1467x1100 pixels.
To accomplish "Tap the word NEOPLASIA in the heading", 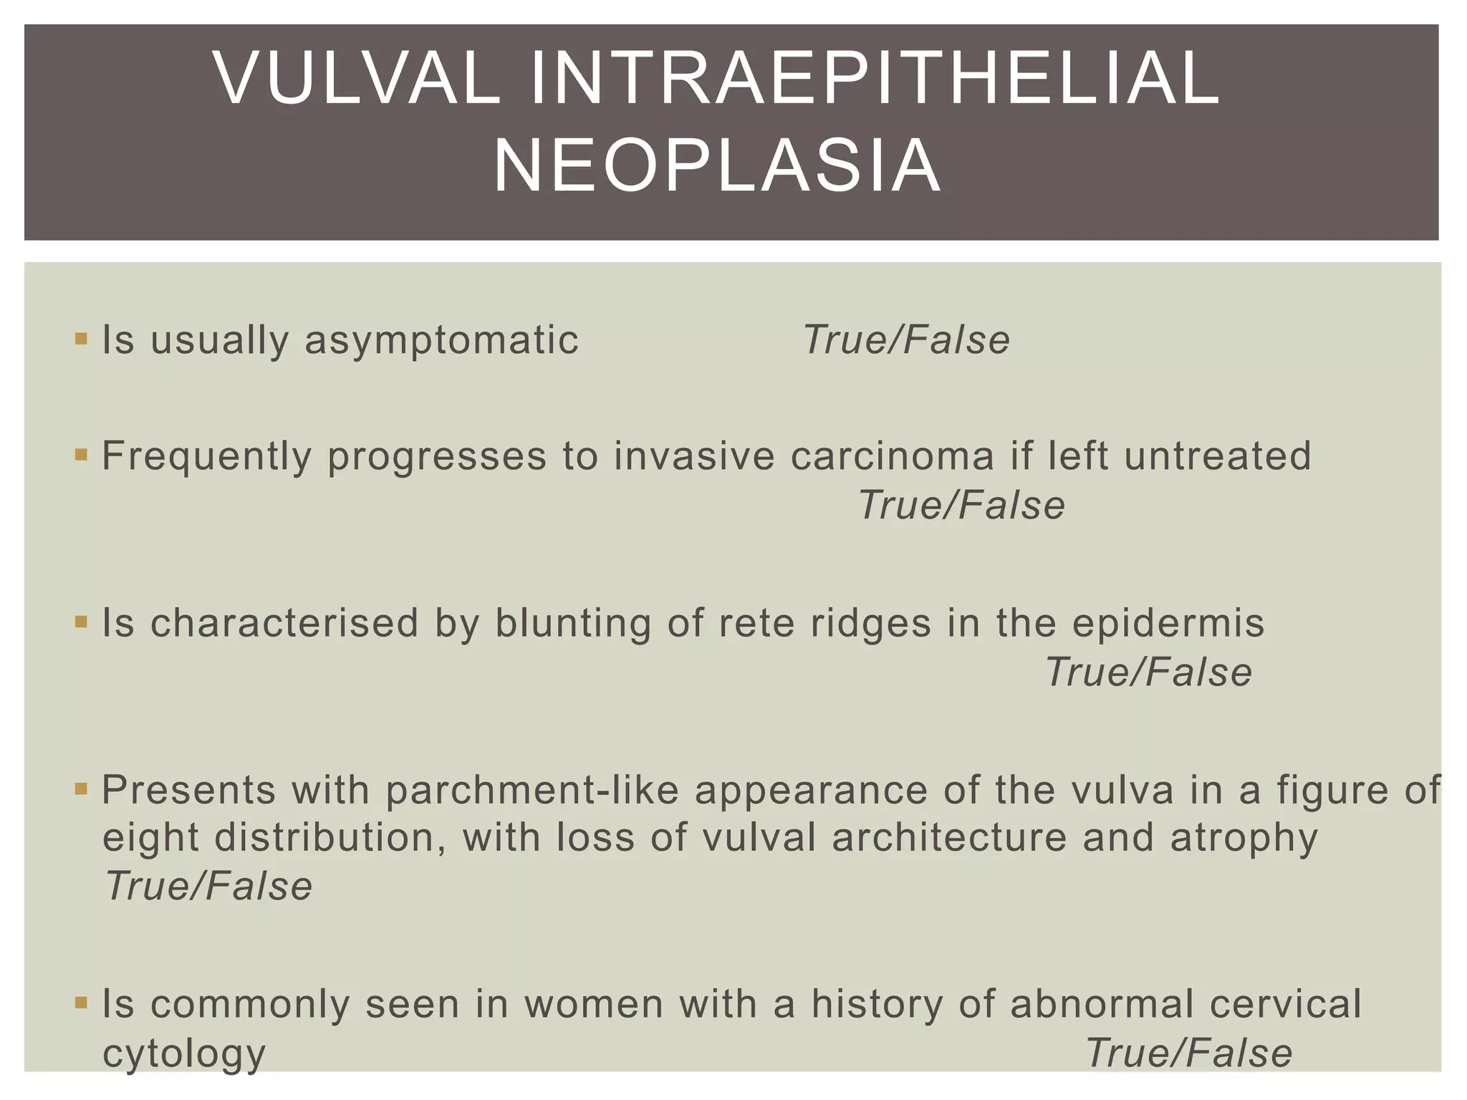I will pos(717,167).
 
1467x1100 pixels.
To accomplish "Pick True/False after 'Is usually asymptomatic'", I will pos(906,340).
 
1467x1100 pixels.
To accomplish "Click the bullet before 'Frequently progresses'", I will pos(81,455).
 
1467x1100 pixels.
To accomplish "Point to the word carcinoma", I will pos(893,456).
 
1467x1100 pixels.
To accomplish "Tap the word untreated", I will pos(1217,456).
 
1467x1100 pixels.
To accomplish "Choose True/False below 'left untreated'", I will pos(961,506).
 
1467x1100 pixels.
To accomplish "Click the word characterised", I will pos(284,623).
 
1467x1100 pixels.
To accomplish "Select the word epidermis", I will pos(1168,623).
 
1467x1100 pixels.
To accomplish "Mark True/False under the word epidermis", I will pos(1148,672).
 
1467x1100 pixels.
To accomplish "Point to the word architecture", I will pos(949,838).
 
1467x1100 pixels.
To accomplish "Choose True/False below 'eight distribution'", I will pos(208,887).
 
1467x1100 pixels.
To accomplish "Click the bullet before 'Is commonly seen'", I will pos(81,1003).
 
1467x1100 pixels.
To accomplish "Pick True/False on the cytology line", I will pos(1188,1053).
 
